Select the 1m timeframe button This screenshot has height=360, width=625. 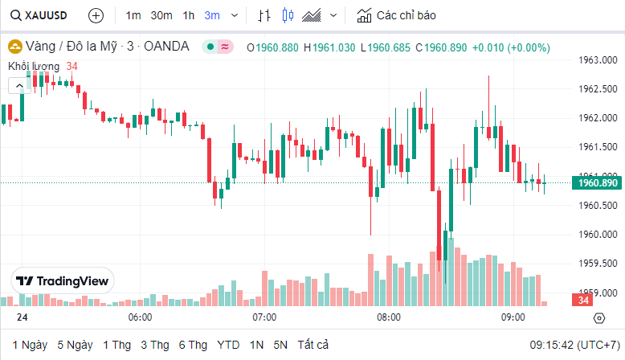tap(133, 15)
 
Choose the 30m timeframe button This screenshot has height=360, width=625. tap(161, 15)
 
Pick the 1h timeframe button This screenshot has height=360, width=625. tap(188, 15)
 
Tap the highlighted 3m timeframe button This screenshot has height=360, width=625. tap(212, 15)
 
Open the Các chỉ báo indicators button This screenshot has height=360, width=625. tap(397, 15)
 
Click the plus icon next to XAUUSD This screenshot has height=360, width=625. tap(96, 15)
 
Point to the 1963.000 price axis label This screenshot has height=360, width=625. tap(598, 60)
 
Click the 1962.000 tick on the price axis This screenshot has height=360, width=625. tap(598, 118)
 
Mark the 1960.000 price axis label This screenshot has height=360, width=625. tap(598, 235)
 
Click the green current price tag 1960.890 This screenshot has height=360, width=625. tap(598, 183)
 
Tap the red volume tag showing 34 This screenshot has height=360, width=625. tap(582, 301)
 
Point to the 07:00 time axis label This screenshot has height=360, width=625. tap(264, 317)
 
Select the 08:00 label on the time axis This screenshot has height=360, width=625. tap(389, 317)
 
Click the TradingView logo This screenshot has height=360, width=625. tap(63, 281)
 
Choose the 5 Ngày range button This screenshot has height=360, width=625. tap(75, 345)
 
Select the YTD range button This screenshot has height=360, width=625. tap(228, 345)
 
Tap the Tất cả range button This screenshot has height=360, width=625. tap(312, 345)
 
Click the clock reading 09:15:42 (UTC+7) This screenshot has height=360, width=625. tap(573, 345)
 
